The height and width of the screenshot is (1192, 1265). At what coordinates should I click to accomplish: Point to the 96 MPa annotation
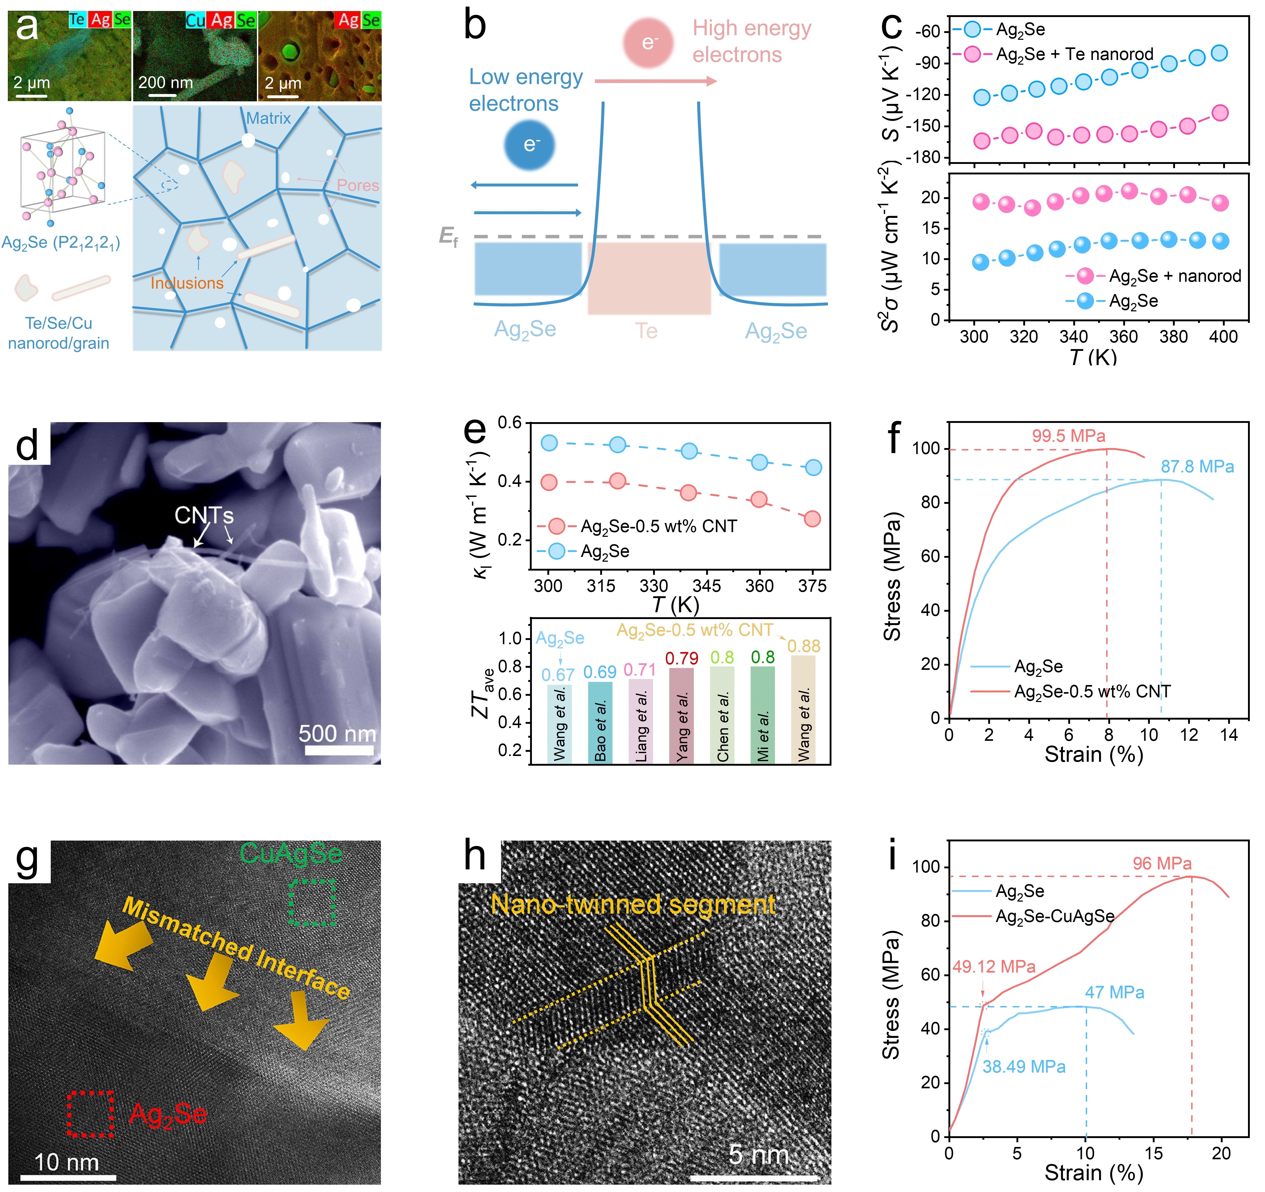(x=1162, y=863)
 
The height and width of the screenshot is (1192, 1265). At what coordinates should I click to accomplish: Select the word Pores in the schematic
(x=358, y=185)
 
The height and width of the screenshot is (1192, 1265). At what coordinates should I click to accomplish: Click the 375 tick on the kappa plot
(x=812, y=586)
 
